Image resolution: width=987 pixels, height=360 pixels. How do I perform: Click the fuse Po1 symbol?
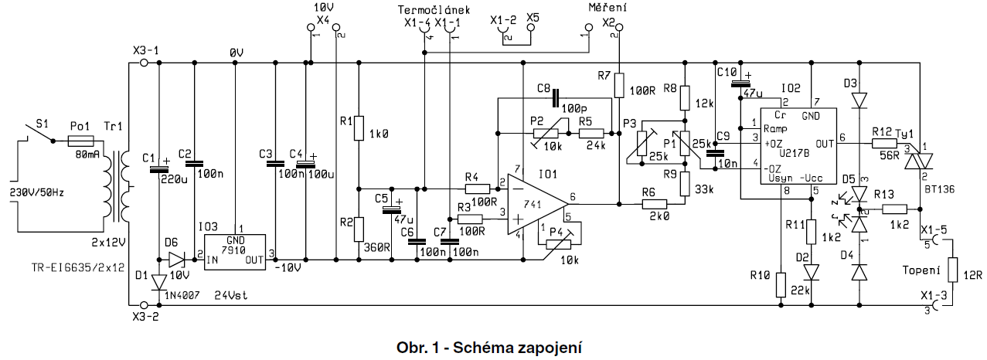click(x=80, y=141)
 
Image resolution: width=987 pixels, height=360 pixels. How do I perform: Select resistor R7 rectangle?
click(x=619, y=84)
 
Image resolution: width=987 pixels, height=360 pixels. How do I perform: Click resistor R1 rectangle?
click(x=358, y=129)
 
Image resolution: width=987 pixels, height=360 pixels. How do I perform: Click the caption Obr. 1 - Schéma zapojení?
click(x=493, y=347)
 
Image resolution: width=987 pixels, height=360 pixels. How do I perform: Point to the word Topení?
click(x=923, y=270)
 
